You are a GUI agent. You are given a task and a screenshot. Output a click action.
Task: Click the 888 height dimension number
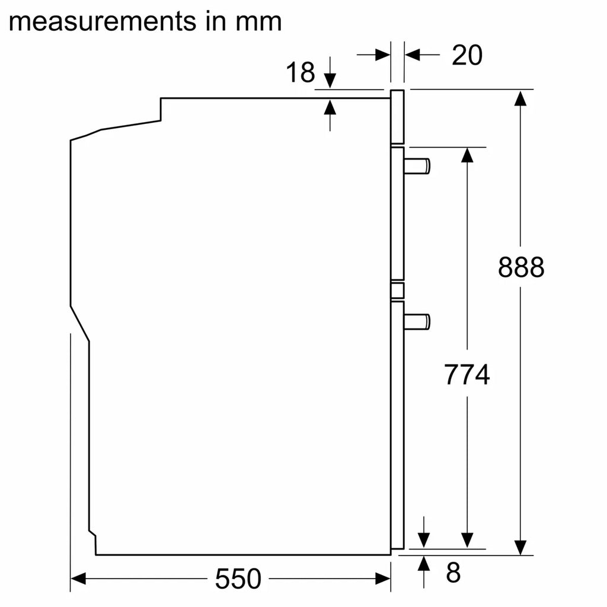(520, 267)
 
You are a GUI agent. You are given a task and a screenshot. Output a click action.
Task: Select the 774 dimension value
(467, 375)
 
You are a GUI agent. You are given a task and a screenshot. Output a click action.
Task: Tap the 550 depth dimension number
(238, 579)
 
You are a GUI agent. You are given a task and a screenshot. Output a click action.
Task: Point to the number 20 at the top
(467, 55)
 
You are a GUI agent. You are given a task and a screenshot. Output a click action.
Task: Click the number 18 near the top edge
(301, 72)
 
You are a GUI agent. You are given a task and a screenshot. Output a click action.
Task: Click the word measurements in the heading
(102, 22)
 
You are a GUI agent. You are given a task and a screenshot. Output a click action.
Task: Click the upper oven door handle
(417, 166)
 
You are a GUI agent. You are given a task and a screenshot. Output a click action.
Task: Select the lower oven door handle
(417, 322)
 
